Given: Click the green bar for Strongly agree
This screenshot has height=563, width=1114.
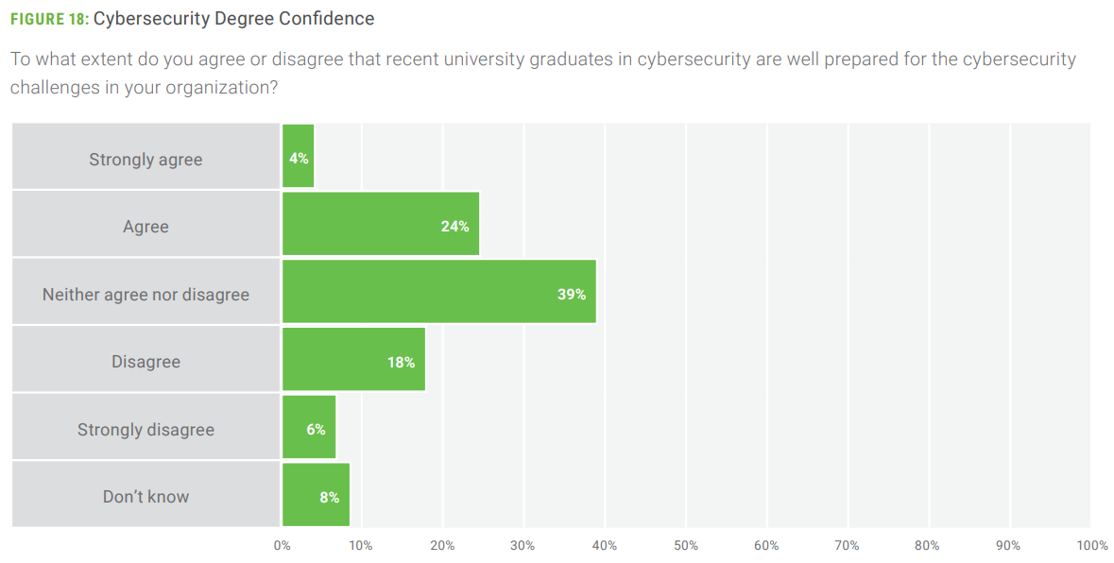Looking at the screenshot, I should pos(299,157).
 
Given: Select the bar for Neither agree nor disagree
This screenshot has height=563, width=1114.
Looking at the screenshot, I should pos(438,292).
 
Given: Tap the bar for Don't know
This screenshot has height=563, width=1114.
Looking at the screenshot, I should pos(316,494).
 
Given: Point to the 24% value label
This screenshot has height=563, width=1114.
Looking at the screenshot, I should pos(454,226).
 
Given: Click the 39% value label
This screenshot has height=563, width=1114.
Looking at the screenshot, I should pos(571,294).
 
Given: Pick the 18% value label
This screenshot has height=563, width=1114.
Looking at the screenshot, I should pos(401,362).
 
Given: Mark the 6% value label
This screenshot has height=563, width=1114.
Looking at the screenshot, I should pos(316,429).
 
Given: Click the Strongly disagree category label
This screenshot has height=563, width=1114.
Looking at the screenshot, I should pos(146,430).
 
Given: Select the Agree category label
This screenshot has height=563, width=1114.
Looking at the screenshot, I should pos(146,227).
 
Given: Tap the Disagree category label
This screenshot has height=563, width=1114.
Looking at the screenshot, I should pos(146,362).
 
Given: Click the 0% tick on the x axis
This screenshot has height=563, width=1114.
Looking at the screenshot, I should pos(282,545).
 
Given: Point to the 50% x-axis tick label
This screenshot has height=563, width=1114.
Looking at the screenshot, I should pos(686,545).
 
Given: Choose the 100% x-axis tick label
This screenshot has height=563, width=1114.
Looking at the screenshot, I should pos(1091,545).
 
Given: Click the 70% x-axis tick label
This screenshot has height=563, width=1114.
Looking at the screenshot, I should pos(848,545).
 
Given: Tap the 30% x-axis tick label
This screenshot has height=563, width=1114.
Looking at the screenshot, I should pos(523,545).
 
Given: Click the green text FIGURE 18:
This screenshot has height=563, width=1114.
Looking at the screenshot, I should pos(49,19).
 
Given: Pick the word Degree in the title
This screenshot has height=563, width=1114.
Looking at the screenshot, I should pos(247,19).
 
